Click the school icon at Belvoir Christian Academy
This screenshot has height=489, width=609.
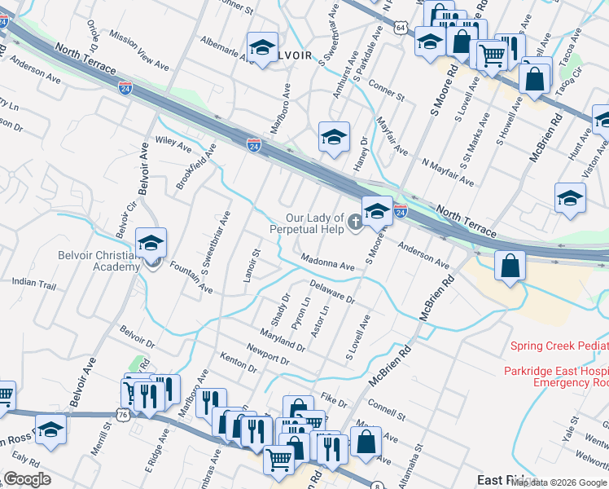click(151, 244)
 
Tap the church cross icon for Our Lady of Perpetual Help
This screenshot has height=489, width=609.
click(355, 222)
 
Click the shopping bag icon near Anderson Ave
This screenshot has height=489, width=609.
click(510, 267)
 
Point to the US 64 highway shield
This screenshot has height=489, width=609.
click(400, 28)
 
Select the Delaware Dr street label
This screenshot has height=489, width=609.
click(333, 292)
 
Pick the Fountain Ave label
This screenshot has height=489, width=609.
click(186, 278)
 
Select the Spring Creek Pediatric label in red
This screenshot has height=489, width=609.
click(559, 346)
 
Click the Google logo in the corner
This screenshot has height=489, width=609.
click(28, 479)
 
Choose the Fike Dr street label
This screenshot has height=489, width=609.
click(334, 399)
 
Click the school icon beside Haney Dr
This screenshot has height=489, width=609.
click(334, 138)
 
